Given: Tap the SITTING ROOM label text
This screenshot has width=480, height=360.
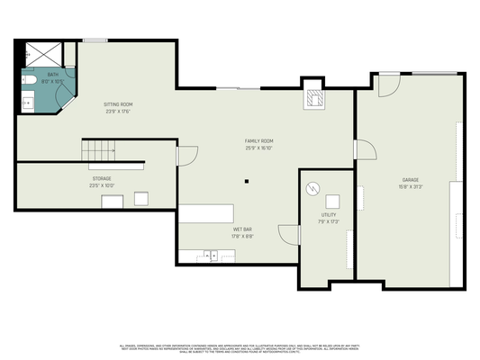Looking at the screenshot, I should (x=117, y=104).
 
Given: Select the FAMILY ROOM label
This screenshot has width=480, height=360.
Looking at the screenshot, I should (x=259, y=141).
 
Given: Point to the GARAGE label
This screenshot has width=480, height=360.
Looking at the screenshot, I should (x=411, y=180).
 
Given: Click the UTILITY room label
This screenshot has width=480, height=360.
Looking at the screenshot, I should (x=329, y=215).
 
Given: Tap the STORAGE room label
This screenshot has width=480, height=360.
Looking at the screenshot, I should (x=101, y=178).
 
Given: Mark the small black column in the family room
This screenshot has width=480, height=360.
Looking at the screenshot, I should (x=245, y=181).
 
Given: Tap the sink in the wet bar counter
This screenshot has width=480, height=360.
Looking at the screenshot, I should (x=210, y=256).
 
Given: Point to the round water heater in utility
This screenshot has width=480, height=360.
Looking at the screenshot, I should (x=312, y=189).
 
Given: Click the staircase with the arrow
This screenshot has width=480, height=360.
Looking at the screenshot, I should (x=101, y=149).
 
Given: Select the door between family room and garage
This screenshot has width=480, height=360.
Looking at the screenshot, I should (x=364, y=149).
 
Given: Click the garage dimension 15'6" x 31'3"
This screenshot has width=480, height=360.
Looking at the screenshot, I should (x=411, y=187).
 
